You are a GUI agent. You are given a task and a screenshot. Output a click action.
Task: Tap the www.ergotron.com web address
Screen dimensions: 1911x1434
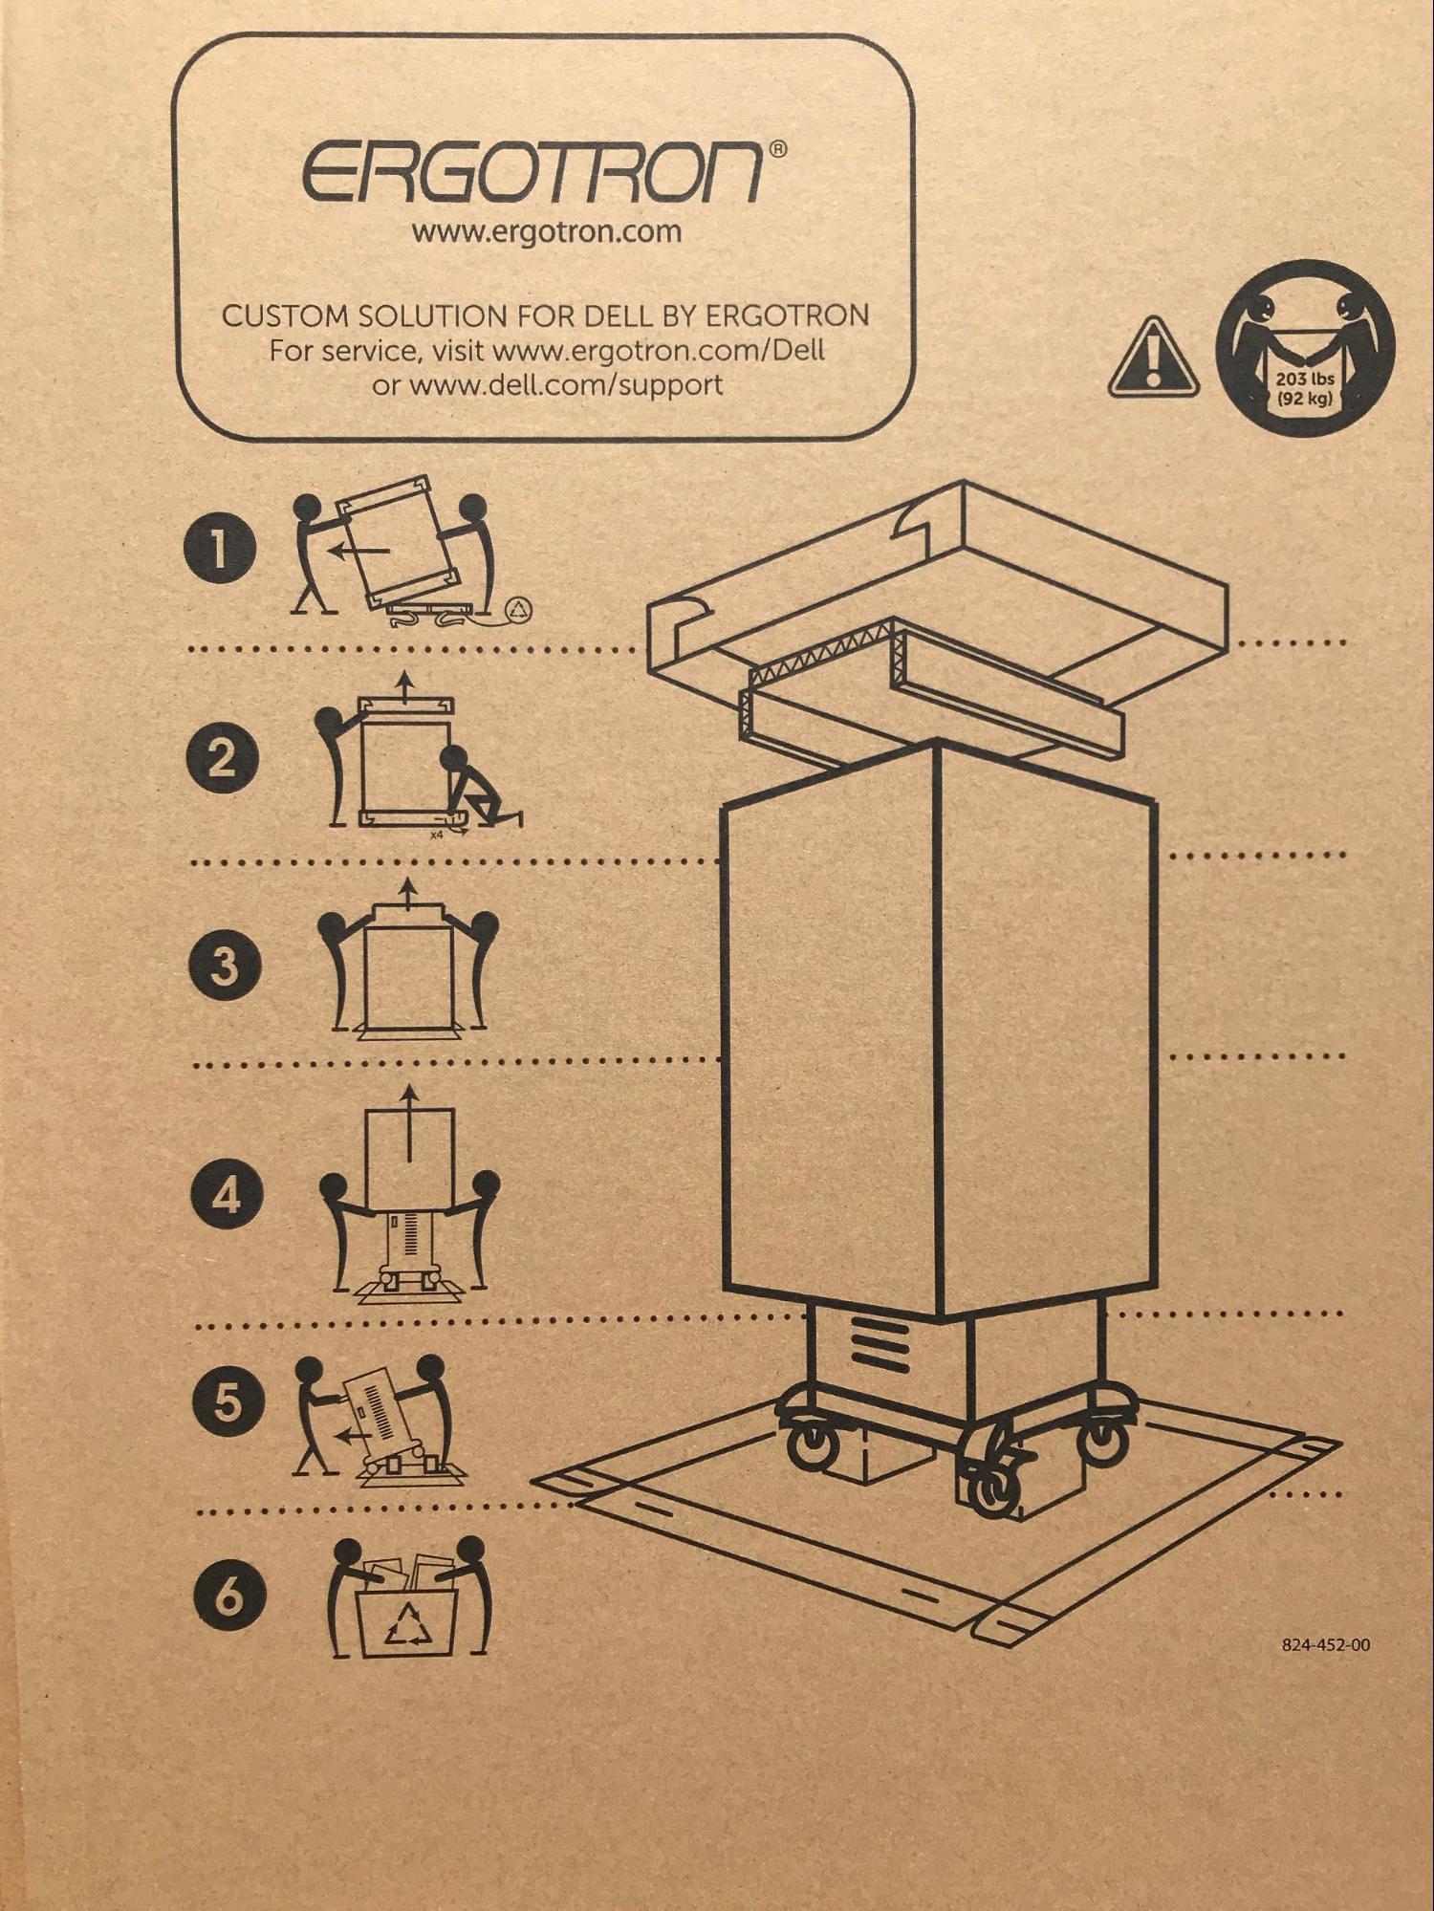point(546,232)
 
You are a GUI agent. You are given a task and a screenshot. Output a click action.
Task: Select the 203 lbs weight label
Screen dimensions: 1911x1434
point(1304,380)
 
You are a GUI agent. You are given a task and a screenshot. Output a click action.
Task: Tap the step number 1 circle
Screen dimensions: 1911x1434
point(221,550)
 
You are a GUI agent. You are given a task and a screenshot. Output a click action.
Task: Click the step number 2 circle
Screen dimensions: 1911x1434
point(223,758)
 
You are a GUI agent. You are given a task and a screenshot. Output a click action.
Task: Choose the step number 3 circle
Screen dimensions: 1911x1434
point(226,966)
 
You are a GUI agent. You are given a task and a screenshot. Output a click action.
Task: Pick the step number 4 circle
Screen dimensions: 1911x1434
point(228,1195)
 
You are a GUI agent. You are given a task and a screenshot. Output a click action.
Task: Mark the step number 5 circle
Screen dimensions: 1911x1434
point(228,1402)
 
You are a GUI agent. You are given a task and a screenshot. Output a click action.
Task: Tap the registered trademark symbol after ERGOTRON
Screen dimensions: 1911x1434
point(779,149)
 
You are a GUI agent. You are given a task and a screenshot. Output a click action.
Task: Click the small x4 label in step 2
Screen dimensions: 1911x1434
point(437,835)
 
